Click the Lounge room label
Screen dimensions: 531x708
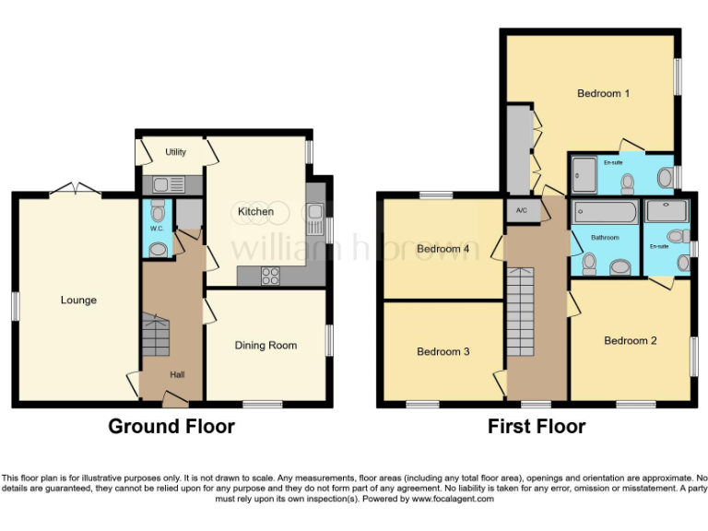coord(78,300)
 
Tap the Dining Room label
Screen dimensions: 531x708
coord(265,346)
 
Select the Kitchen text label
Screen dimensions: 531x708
coord(255,212)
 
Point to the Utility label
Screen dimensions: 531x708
coord(176,152)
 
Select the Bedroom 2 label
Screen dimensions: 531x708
coord(631,340)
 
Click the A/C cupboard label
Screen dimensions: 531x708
coord(522,211)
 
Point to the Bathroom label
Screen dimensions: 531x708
coord(605,238)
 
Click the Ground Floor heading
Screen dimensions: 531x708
coord(171,427)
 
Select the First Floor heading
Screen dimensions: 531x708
coord(537,427)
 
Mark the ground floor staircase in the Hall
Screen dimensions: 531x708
coord(156,336)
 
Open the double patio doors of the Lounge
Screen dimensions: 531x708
coord(74,189)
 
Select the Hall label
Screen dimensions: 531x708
coord(176,375)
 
